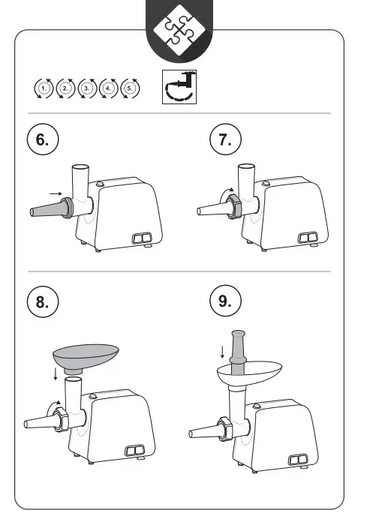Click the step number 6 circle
click(43, 139)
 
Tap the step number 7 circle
click(225, 139)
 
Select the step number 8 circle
click(43, 301)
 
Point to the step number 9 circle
click(225, 301)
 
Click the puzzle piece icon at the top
click(179, 30)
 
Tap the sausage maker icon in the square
click(179, 87)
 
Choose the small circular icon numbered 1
click(44, 88)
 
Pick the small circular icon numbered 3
click(87, 88)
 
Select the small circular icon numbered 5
click(130, 88)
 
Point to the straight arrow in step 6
click(56, 193)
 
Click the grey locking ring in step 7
click(234, 206)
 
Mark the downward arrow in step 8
click(56, 374)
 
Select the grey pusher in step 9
click(238, 352)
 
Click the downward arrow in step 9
click(222, 352)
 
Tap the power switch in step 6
click(142, 238)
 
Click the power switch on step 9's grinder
click(298, 460)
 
